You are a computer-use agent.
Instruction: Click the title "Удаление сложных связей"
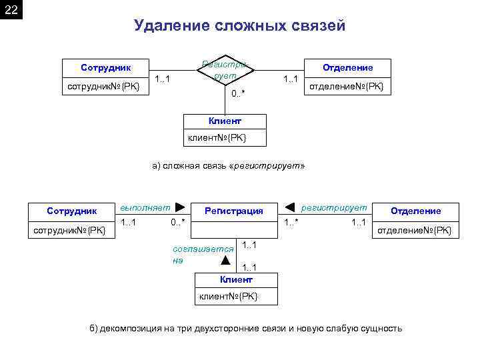(239, 26)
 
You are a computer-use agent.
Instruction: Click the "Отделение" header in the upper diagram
(347, 67)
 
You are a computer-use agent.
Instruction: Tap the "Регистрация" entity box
(233, 211)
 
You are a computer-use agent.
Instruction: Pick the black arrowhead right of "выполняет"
(179, 207)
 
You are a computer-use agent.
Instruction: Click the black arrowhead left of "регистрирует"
(290, 207)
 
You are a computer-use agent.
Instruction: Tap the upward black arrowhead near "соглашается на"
(225, 259)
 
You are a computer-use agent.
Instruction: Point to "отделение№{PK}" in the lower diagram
(414, 230)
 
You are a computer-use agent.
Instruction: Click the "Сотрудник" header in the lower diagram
(72, 211)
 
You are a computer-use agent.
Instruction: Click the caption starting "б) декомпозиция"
(246, 329)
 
